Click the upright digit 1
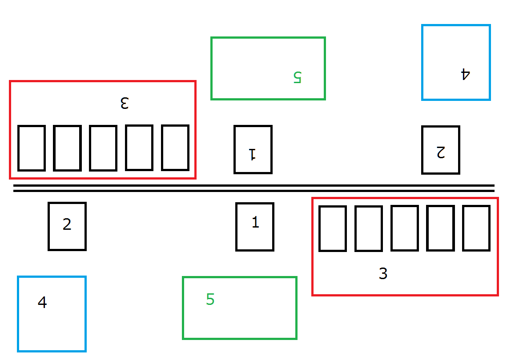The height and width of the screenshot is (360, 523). pyautogui.click(x=255, y=222)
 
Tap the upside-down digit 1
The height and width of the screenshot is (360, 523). pyautogui.click(x=253, y=154)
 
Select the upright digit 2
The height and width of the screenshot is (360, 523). pyautogui.click(x=67, y=224)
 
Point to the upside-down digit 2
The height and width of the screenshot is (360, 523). pyautogui.click(x=441, y=152)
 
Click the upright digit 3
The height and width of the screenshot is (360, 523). pyautogui.click(x=383, y=273)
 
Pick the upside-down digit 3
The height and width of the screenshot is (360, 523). pyautogui.click(x=125, y=103)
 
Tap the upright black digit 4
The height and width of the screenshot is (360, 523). pyautogui.click(x=42, y=302)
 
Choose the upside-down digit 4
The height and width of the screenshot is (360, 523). pyautogui.click(x=465, y=74)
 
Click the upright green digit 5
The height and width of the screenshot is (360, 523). pyautogui.click(x=210, y=300)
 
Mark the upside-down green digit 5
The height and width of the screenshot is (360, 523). pyautogui.click(x=297, y=77)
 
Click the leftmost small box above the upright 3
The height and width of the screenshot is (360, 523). pyautogui.click(x=333, y=206)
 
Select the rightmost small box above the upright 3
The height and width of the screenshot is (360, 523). pyautogui.click(x=476, y=206)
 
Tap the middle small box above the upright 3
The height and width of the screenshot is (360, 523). pyautogui.click(x=405, y=206)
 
